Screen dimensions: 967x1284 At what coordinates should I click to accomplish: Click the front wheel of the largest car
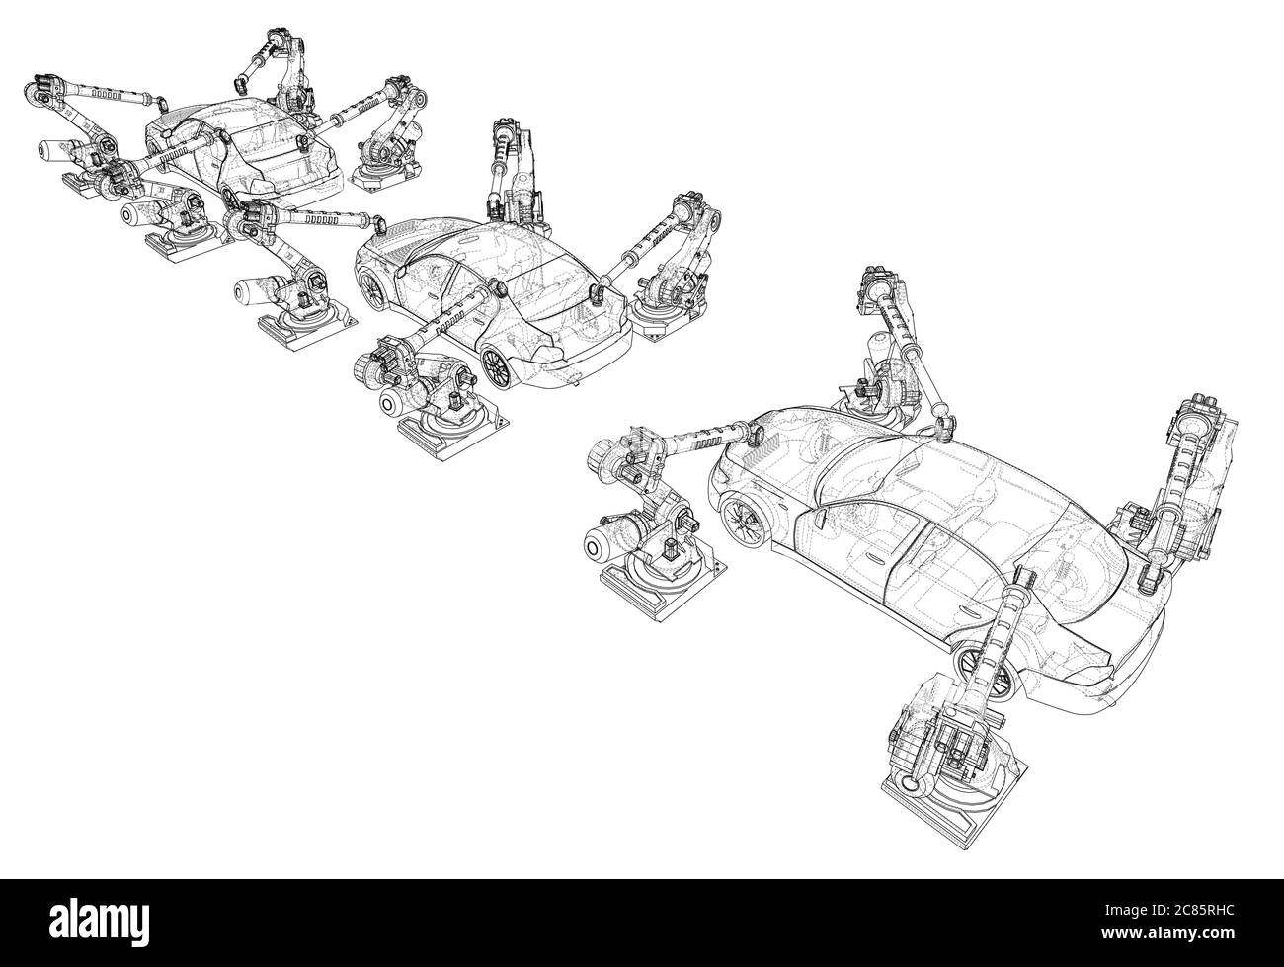[x=743, y=521]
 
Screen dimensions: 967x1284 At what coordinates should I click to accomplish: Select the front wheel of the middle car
[x=372, y=286]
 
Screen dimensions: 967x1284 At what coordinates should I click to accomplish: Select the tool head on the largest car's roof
[x=943, y=424]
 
